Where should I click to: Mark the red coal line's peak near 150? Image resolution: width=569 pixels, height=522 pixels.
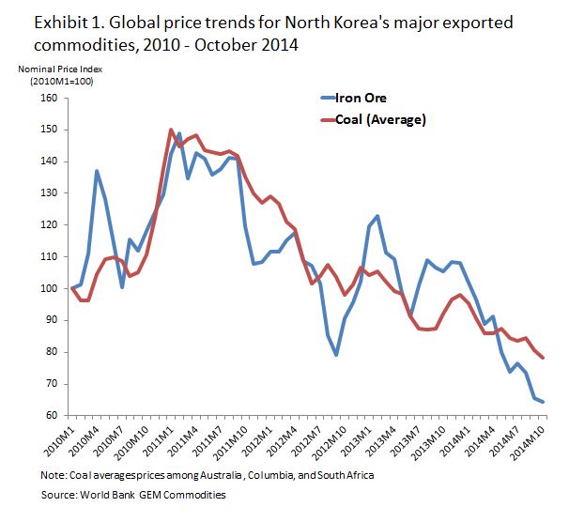pos(171,130)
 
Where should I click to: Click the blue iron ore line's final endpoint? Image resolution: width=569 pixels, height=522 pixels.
pos(544,402)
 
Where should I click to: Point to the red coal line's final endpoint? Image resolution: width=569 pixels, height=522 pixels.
pos(544,358)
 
